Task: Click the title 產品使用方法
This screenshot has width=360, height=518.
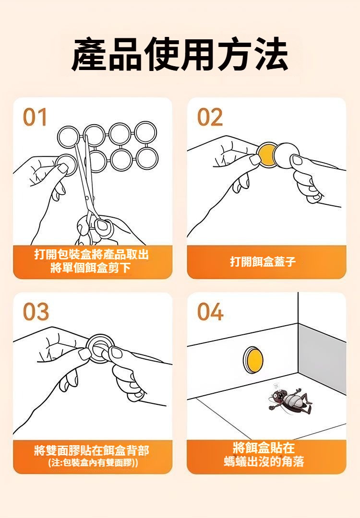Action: tap(180, 54)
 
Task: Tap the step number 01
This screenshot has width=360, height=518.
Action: tap(35, 118)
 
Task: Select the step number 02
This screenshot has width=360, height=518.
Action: tap(210, 118)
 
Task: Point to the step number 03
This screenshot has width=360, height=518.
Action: tap(36, 312)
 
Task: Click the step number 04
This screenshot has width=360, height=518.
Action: tap(210, 312)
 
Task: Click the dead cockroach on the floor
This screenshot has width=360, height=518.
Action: tap(289, 400)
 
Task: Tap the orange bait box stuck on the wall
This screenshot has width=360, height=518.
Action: tap(253, 360)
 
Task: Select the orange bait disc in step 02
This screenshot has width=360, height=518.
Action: tap(267, 155)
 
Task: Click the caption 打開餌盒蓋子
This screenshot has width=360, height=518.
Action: tap(263, 262)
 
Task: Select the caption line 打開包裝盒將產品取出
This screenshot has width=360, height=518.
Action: tap(92, 254)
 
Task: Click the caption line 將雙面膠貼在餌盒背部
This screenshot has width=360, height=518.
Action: tap(92, 450)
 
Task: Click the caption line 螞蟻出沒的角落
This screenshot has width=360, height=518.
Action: tap(264, 461)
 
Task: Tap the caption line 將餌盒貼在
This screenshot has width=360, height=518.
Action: tap(264, 448)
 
